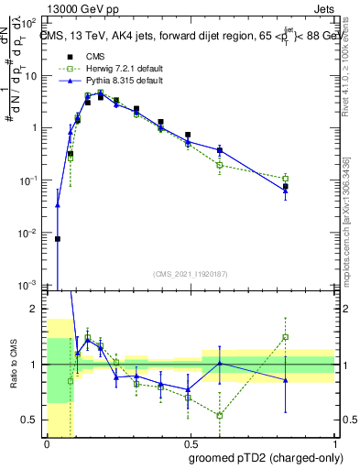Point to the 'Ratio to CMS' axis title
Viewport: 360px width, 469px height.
click(12, 365)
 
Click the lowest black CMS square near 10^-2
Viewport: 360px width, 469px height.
click(58, 238)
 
